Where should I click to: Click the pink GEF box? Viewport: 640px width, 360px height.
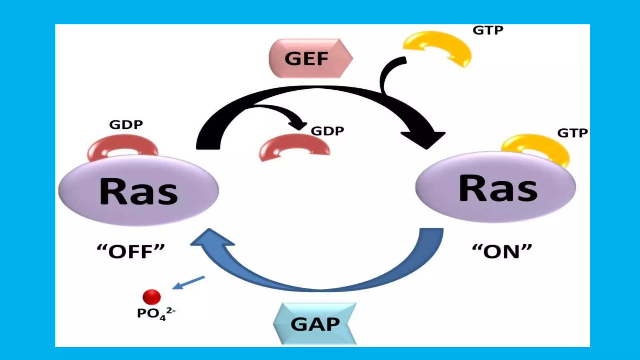coord(309,58)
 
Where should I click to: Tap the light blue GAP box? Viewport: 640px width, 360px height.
coord(315,324)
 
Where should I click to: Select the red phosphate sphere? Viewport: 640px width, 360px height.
coord(152,297)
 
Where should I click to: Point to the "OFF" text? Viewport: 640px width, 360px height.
coord(131,252)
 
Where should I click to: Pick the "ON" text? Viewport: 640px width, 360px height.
coord(502,252)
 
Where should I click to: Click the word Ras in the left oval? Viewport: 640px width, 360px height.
coord(138,191)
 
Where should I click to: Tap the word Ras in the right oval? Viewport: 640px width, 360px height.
coord(498,188)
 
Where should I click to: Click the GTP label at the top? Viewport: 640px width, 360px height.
coord(488,30)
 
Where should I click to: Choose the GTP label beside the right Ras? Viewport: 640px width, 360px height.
coord(572,133)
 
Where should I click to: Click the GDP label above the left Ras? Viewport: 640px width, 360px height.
coord(126,125)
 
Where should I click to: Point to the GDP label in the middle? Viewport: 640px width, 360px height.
coord(327,131)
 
